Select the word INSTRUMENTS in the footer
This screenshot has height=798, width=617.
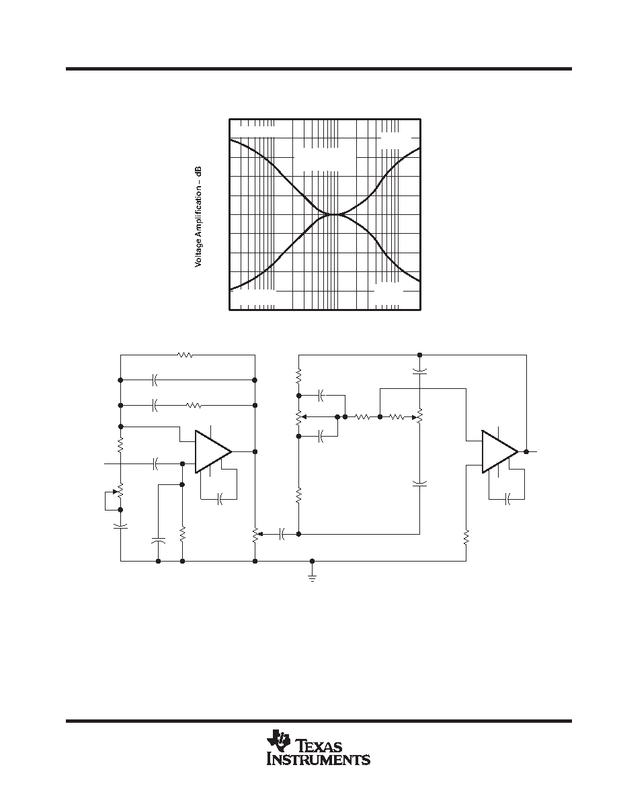(x=319, y=760)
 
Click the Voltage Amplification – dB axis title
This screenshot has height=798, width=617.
(x=198, y=217)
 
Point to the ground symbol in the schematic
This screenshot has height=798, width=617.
(x=312, y=576)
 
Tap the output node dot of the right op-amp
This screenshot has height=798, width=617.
(x=526, y=451)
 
